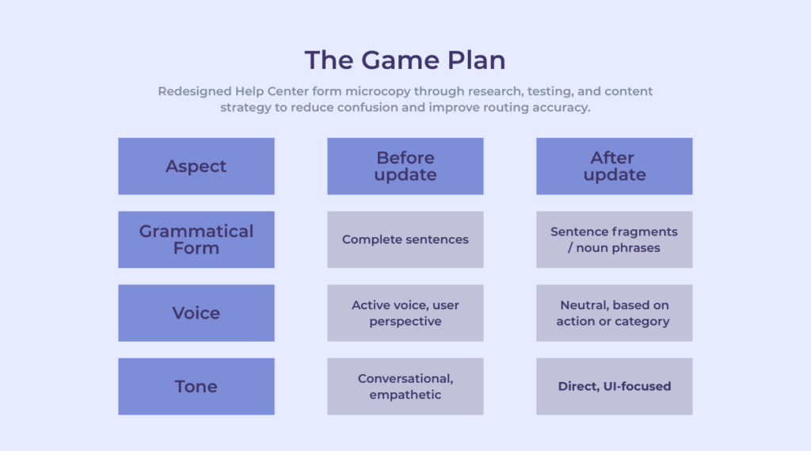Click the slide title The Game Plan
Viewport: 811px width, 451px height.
(x=405, y=60)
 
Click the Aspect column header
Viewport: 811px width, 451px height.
(x=196, y=166)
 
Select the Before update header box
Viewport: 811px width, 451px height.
(x=405, y=166)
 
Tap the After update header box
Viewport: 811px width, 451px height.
(x=615, y=166)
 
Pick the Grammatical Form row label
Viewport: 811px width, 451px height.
(x=196, y=239)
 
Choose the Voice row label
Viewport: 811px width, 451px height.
(x=196, y=313)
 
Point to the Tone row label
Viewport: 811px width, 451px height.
(x=196, y=386)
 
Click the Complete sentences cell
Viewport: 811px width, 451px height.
(x=405, y=239)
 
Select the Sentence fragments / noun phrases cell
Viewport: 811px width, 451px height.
(x=615, y=239)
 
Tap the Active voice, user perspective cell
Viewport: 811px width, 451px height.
(x=405, y=313)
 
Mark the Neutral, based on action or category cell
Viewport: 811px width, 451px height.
(x=615, y=313)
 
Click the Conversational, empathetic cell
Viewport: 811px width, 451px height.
(x=405, y=386)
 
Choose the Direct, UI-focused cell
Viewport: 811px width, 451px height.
(x=615, y=386)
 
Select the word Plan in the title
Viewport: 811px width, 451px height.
(x=476, y=60)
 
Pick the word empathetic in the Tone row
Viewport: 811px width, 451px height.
(x=405, y=395)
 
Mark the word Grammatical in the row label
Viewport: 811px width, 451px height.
(x=196, y=231)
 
